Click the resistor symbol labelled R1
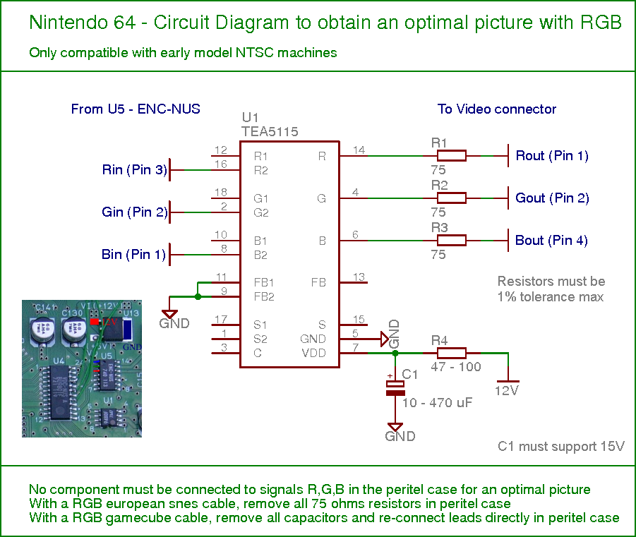point(452,156)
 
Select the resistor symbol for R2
point(452,198)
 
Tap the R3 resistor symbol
point(452,241)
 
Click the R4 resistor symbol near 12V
point(452,354)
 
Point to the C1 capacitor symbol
point(395,388)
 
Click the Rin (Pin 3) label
point(135,169)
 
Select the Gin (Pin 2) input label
point(135,212)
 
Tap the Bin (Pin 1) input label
point(134,254)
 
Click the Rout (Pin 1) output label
point(552,156)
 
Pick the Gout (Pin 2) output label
point(552,198)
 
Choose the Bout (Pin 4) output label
point(551,241)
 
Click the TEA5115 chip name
point(270,131)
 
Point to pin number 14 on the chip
point(359,150)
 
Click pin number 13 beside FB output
point(359,277)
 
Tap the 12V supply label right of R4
point(507,391)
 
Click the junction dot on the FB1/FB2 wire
point(198,296)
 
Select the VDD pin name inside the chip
point(313,353)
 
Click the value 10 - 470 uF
point(437,403)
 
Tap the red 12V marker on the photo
point(95,322)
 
